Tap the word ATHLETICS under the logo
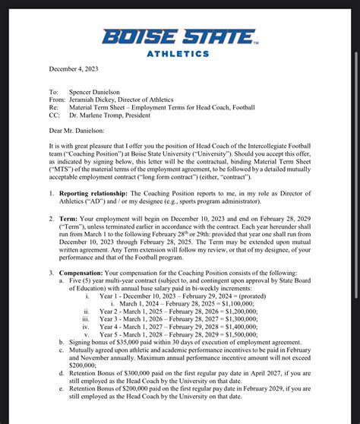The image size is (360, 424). point(177,54)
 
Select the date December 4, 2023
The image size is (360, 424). point(74,69)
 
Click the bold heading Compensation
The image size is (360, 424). point(84,273)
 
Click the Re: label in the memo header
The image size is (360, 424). point(53,108)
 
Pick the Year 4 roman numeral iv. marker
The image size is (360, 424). point(87,327)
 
